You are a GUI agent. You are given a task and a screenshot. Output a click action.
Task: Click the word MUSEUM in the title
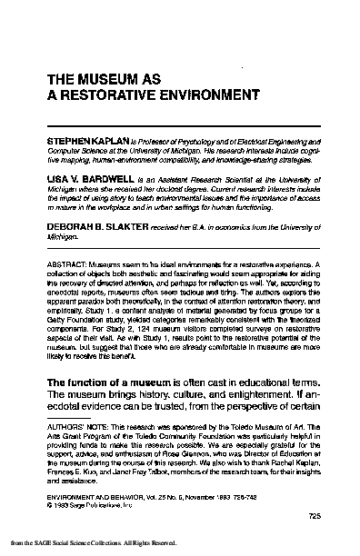[103, 79]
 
